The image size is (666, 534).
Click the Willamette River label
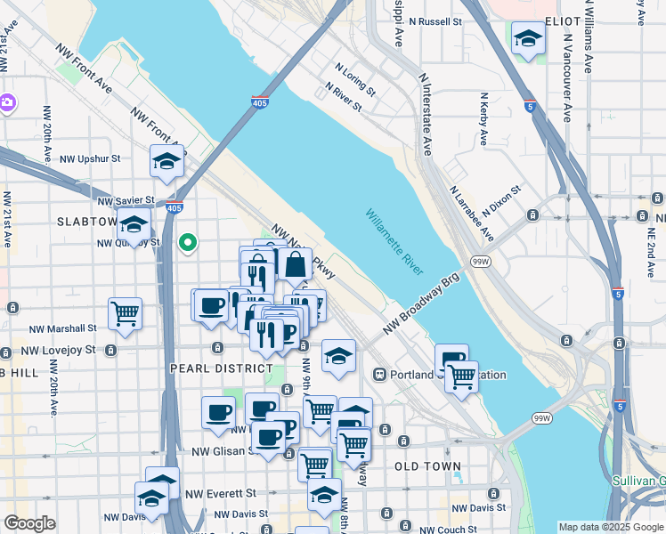(x=393, y=241)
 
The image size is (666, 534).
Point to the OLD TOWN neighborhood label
(x=428, y=466)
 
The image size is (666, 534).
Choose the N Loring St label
(x=355, y=78)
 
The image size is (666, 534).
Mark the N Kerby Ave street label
(x=483, y=119)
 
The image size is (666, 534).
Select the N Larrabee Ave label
(x=472, y=214)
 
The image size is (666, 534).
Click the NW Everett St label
(x=222, y=492)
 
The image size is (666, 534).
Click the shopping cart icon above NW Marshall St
(x=126, y=313)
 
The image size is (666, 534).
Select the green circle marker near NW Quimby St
(x=187, y=242)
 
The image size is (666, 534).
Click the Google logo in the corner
(x=29, y=523)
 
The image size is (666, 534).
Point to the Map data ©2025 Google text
(x=611, y=527)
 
